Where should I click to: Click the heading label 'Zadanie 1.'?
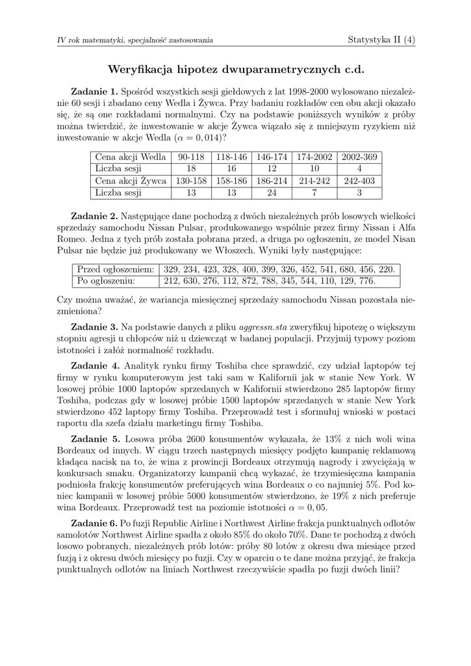(94, 92)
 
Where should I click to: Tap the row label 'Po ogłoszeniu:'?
(107, 281)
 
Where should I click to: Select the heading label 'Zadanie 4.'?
(95, 366)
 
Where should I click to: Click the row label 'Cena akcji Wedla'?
(131, 157)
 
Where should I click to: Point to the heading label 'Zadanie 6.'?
(94, 524)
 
